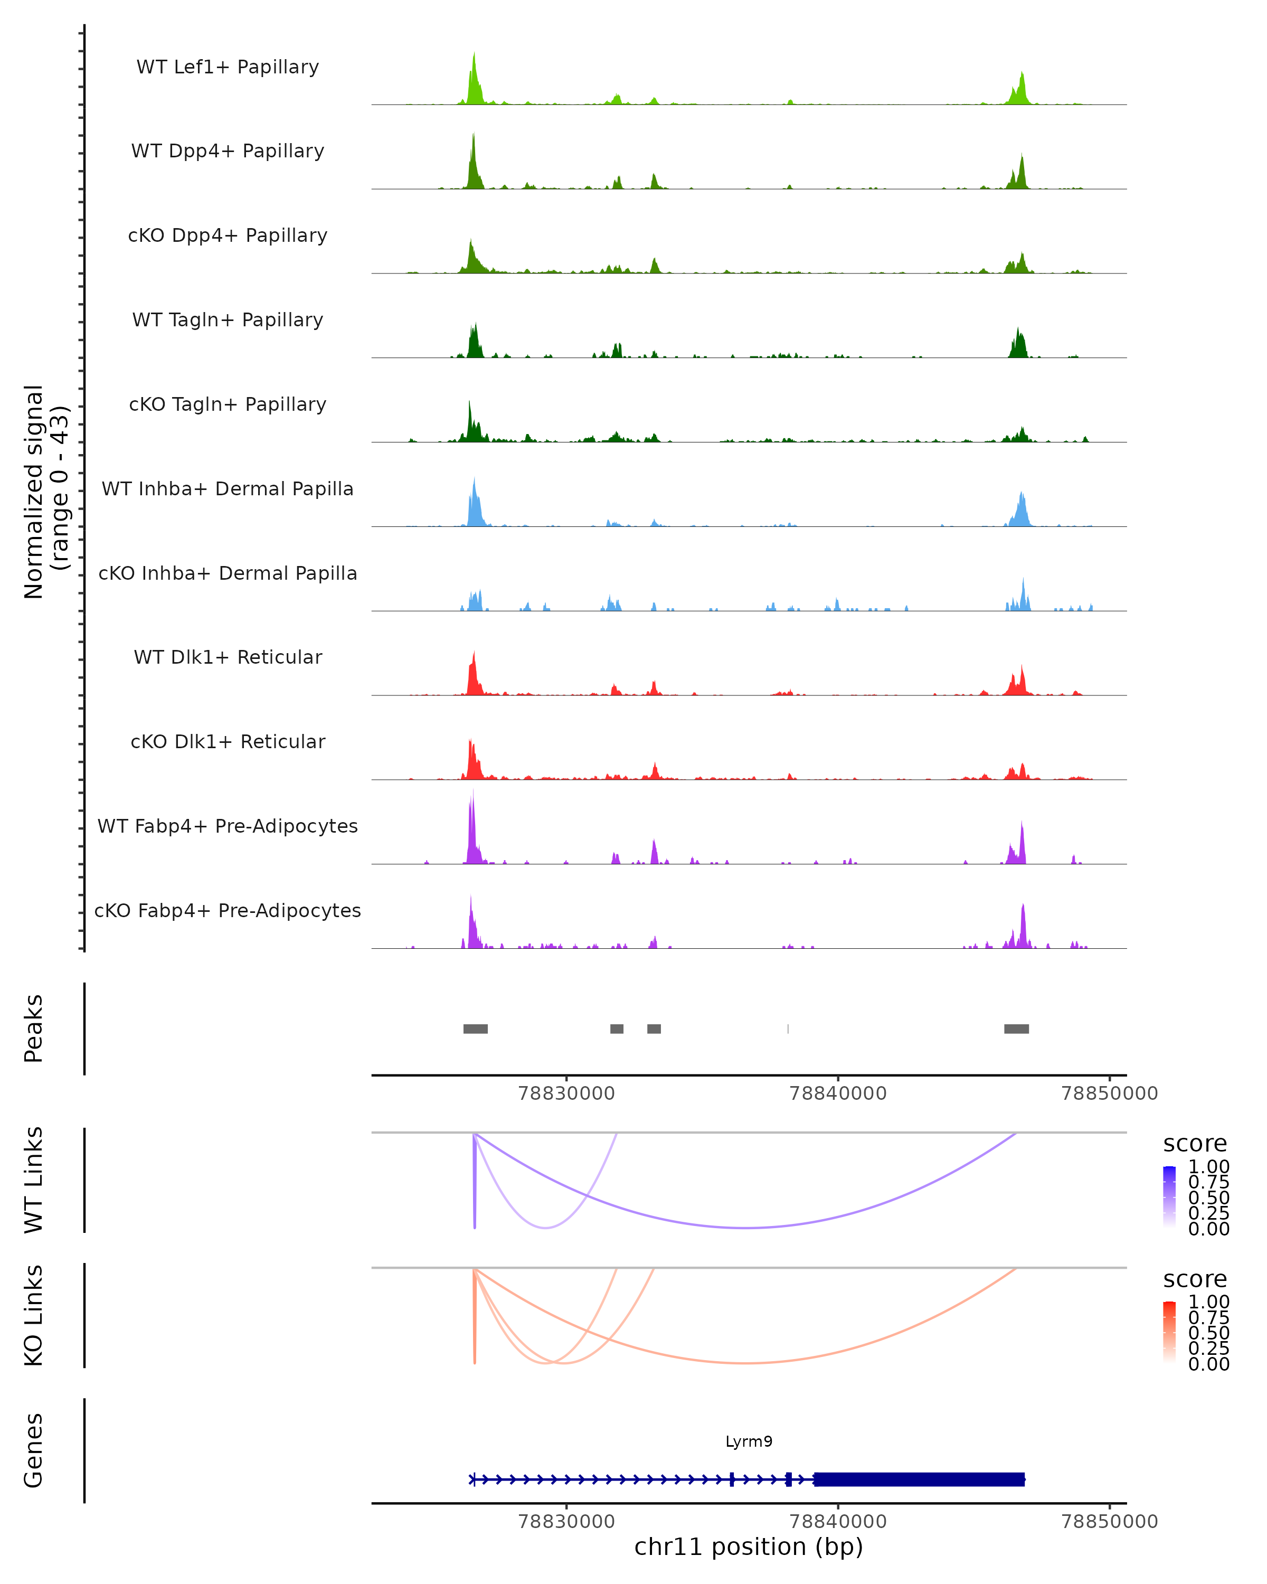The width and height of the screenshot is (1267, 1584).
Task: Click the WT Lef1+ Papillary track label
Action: point(228,67)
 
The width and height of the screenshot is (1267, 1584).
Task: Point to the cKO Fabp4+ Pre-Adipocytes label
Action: point(228,910)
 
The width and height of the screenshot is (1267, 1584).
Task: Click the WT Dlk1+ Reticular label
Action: point(228,657)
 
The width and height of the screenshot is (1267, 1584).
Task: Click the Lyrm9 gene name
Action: point(749,1441)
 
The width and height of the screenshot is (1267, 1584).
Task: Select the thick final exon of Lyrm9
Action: point(918,1479)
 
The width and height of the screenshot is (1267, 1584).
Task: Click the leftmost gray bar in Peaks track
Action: point(475,1029)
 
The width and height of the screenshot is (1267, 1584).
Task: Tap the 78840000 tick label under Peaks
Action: point(837,1093)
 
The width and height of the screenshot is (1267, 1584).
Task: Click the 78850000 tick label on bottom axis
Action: point(1109,1522)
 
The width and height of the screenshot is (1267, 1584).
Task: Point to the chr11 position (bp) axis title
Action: point(749,1547)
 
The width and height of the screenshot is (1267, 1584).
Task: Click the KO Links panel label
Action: point(34,1315)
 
